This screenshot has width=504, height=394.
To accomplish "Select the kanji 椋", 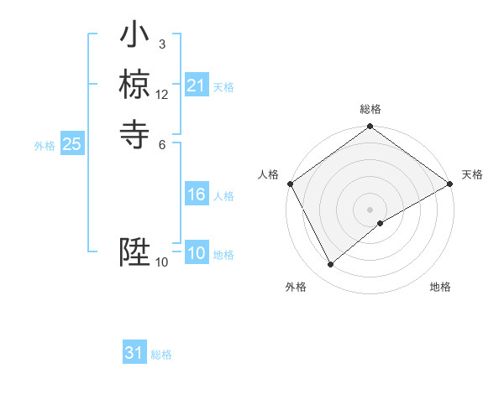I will pyautogui.click(x=134, y=85).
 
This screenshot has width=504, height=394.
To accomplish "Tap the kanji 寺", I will pyautogui.click(x=134, y=133).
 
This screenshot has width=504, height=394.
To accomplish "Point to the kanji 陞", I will pyautogui.click(x=134, y=252).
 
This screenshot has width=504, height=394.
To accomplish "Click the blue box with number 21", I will pyautogui.click(x=196, y=86).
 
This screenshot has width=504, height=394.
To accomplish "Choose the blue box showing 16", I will pyautogui.click(x=196, y=194).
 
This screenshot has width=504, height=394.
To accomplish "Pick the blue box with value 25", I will pyautogui.click(x=71, y=144).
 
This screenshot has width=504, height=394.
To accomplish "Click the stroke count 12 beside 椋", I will pyautogui.click(x=162, y=95).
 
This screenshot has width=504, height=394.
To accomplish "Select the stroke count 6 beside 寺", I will pyautogui.click(x=162, y=143).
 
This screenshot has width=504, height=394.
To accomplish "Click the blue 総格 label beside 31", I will pyautogui.click(x=162, y=355).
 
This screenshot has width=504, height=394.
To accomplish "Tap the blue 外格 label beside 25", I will pyautogui.click(x=45, y=146).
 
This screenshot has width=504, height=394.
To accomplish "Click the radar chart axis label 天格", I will pyautogui.click(x=472, y=174).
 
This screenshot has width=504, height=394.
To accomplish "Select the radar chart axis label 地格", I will pyautogui.click(x=440, y=288).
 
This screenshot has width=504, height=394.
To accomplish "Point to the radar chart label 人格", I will pyautogui.click(x=269, y=174).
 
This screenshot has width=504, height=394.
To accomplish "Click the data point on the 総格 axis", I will pyautogui.click(x=370, y=127).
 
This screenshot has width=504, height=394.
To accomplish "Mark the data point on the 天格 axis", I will pyautogui.click(x=450, y=184).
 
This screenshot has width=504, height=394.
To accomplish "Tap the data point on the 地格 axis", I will pyautogui.click(x=381, y=223).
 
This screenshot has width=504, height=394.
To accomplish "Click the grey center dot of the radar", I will pyautogui.click(x=370, y=210).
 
